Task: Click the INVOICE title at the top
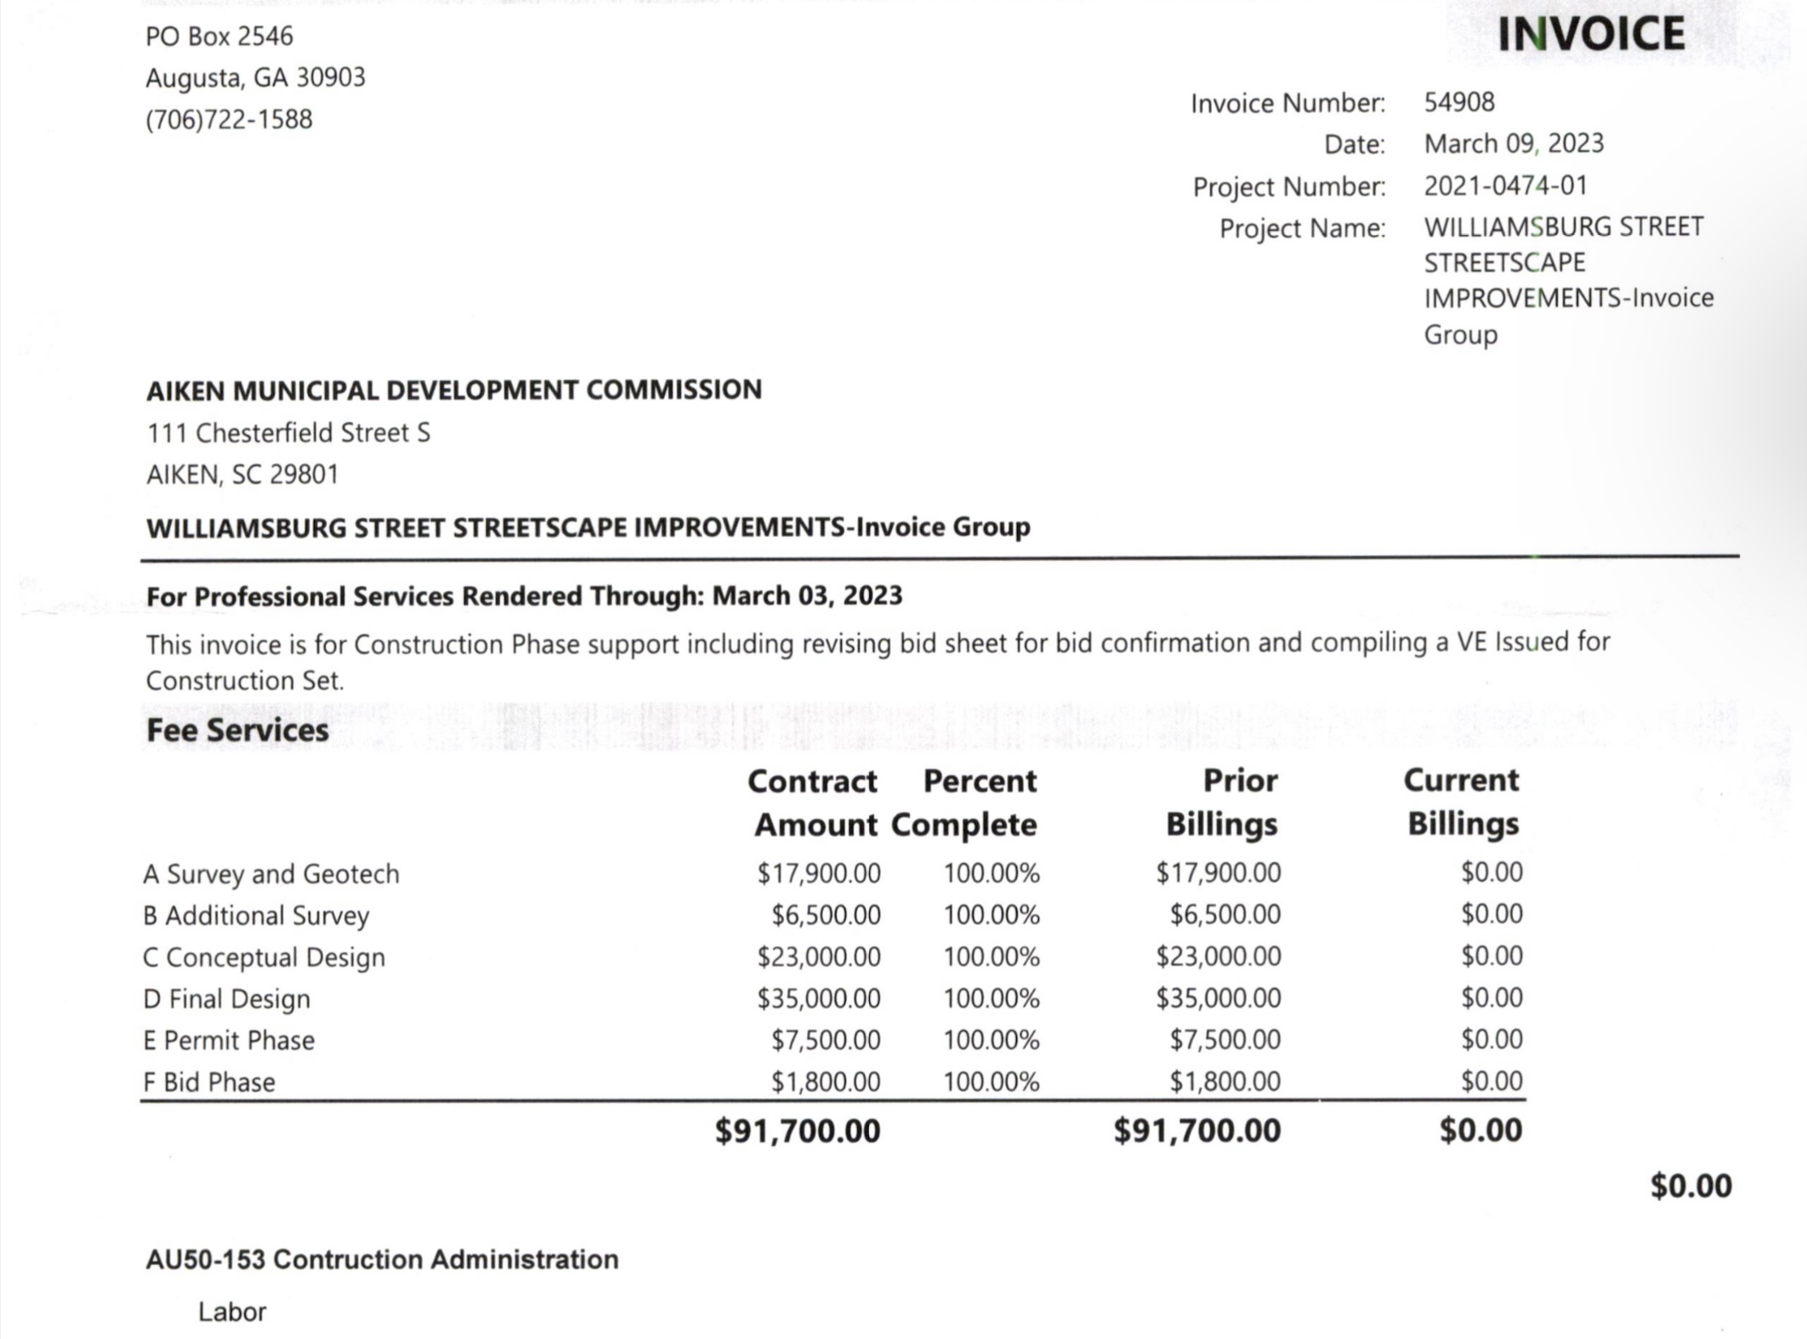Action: click(1590, 35)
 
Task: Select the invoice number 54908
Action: click(1459, 102)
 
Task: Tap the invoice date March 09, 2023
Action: click(1514, 143)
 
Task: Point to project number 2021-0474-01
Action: click(1505, 185)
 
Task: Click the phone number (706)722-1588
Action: click(229, 119)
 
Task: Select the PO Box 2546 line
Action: click(219, 37)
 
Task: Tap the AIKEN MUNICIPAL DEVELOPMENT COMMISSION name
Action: click(454, 390)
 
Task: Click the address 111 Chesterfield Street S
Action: click(288, 433)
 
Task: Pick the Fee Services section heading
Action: click(237, 731)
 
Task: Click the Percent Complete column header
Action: click(965, 802)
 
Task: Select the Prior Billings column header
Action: click(1222, 802)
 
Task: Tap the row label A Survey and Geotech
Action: click(271, 874)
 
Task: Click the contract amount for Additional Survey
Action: click(826, 915)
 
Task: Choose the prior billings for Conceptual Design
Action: click(1218, 956)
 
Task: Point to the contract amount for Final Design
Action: click(819, 998)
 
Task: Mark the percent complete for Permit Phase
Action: click(991, 1040)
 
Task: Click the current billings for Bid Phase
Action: click(1492, 1081)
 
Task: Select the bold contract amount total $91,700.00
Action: click(798, 1131)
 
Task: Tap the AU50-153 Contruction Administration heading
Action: click(382, 1259)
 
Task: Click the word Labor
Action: click(232, 1312)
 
